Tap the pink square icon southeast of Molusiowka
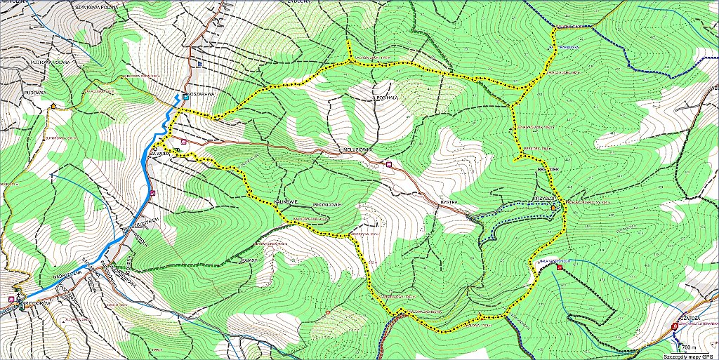click(x=389, y=164)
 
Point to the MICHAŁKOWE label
click(x=326, y=204)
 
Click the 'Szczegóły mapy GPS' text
click(x=692, y=356)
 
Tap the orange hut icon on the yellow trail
click(x=553, y=208)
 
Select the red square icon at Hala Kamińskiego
click(x=559, y=267)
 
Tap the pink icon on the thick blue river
click(x=152, y=193)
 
